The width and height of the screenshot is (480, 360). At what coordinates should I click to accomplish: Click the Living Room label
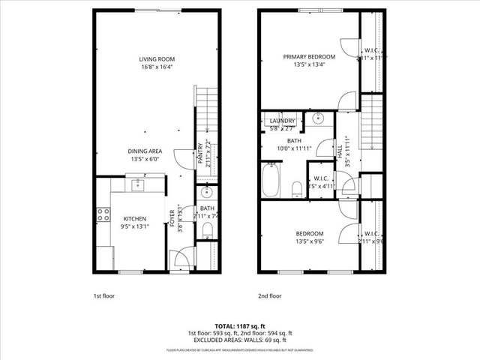156,58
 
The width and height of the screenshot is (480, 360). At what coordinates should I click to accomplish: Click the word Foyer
171,219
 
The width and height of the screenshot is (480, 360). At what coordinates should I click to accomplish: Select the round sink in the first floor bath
206,193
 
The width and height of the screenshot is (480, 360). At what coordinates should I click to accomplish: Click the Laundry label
282,121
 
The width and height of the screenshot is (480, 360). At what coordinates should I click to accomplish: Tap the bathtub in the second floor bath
270,181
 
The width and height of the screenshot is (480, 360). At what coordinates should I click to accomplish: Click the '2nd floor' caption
270,295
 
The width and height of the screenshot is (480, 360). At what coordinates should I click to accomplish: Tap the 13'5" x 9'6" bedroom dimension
309,242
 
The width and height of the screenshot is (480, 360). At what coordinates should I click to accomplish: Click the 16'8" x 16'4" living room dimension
156,67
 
